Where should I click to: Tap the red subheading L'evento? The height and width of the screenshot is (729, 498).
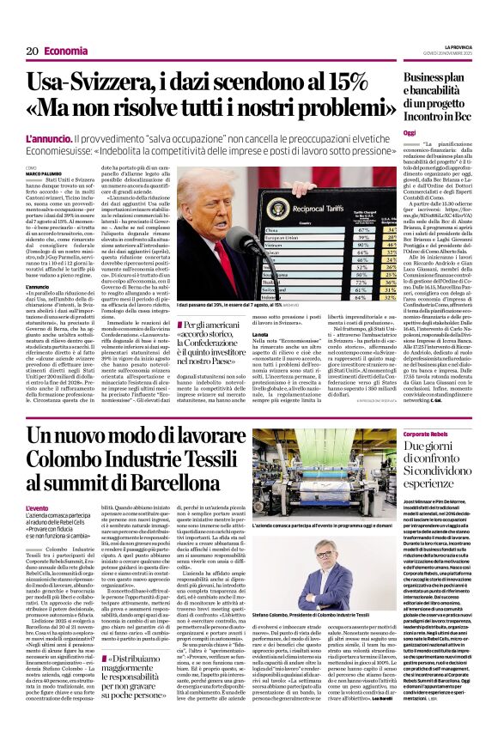(37, 508)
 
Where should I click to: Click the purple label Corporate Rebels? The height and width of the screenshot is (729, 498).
(426, 435)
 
